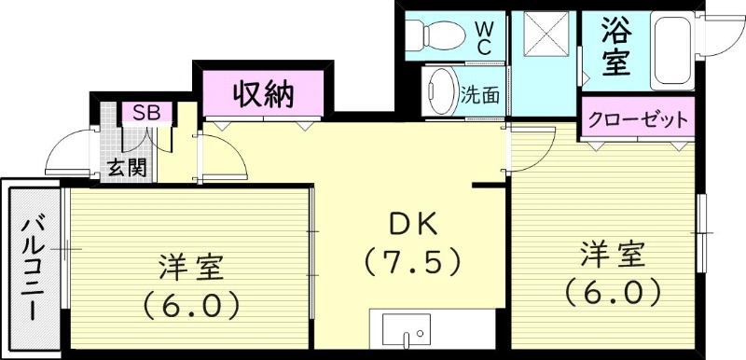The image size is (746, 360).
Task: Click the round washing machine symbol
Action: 438,93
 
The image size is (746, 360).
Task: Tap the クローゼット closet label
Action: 638,119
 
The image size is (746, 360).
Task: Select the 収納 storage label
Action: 263,93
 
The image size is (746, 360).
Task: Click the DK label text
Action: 412,226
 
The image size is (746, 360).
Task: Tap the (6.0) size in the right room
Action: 615,292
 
